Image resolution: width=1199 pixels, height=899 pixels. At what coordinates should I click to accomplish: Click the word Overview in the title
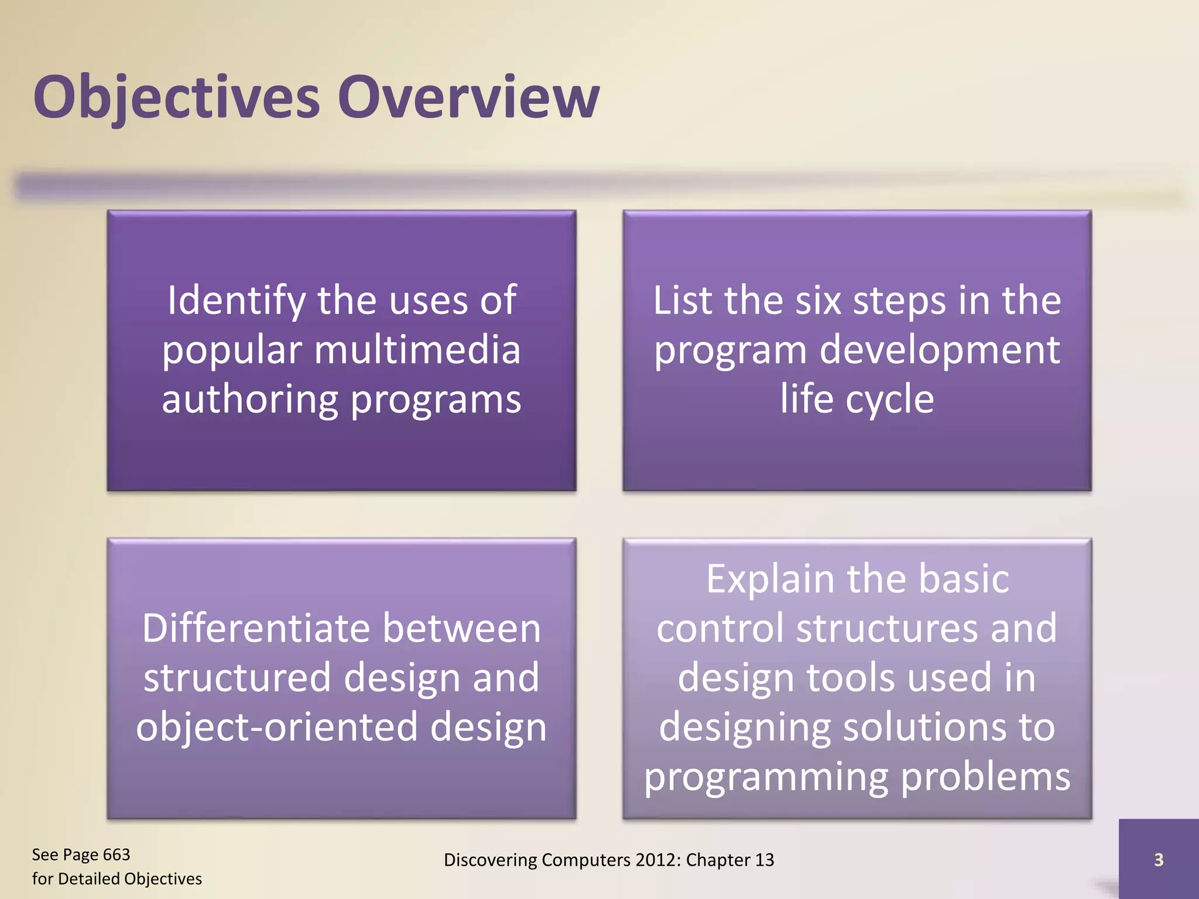tap(468, 97)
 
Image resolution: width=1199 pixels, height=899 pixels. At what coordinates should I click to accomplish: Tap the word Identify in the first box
tap(236, 300)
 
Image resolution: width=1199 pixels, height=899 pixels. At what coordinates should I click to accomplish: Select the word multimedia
tap(417, 350)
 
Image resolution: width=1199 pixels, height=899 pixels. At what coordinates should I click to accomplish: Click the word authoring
tap(250, 400)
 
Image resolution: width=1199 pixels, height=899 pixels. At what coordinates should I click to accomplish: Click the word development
tap(939, 350)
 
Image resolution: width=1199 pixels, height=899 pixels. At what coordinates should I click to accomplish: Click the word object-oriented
tap(276, 728)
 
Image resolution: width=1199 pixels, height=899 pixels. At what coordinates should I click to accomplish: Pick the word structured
tap(237, 678)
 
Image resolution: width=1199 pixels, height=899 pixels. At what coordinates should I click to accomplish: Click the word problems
tap(985, 777)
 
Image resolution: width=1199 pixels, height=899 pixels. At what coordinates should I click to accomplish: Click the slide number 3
tap(1158, 860)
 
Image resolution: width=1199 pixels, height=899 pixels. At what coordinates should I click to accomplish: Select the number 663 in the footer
tap(116, 855)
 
